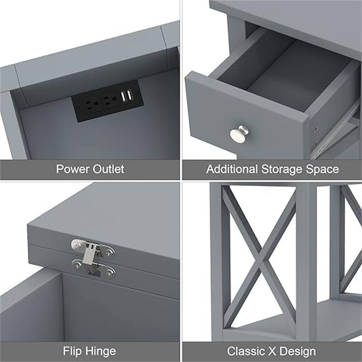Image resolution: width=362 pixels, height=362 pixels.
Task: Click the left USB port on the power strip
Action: pyautogui.click(x=123, y=96)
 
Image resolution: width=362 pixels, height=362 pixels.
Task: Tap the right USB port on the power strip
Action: pyautogui.click(x=130, y=95)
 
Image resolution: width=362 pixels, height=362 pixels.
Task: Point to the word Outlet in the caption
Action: pyautogui.click(x=109, y=170)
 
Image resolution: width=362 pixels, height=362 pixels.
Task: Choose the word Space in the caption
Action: pyautogui.click(x=322, y=170)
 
